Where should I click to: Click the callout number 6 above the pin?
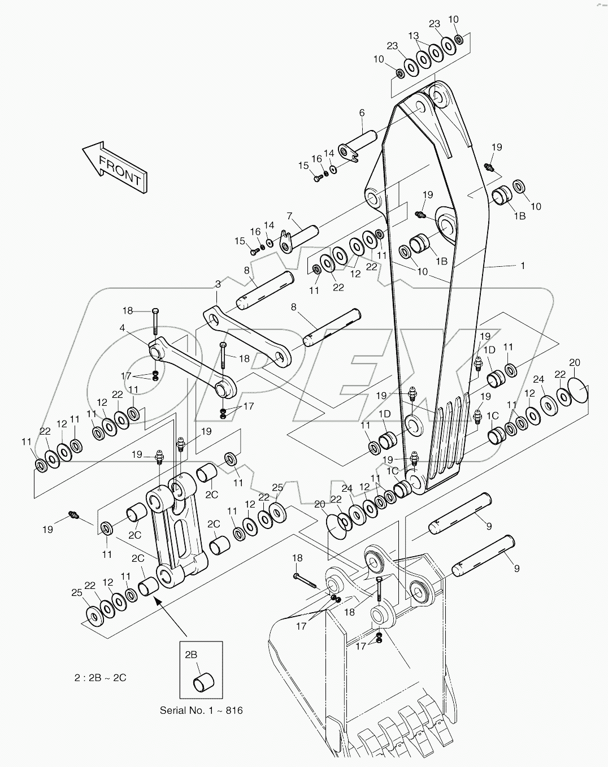(362, 113)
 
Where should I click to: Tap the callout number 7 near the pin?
(289, 216)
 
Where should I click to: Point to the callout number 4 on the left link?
(122, 327)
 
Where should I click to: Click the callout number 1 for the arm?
(523, 265)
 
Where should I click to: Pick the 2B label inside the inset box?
(190, 655)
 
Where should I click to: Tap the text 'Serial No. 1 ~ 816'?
(201, 710)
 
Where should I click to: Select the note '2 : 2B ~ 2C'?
(101, 677)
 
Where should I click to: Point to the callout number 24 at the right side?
(538, 380)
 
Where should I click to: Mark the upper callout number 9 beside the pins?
(488, 526)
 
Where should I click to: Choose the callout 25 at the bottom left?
(77, 593)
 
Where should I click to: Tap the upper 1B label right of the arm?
(519, 216)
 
